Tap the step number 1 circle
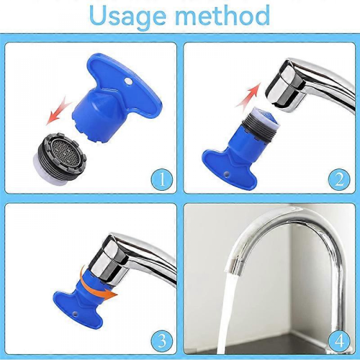(162, 179)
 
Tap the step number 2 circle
(339, 179)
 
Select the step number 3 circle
(162, 341)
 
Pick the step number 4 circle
(339, 341)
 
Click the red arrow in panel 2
(248, 94)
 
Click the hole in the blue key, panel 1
(129, 82)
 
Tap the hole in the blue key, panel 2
(226, 174)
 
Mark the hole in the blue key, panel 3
(75, 313)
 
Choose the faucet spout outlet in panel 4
(235, 264)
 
